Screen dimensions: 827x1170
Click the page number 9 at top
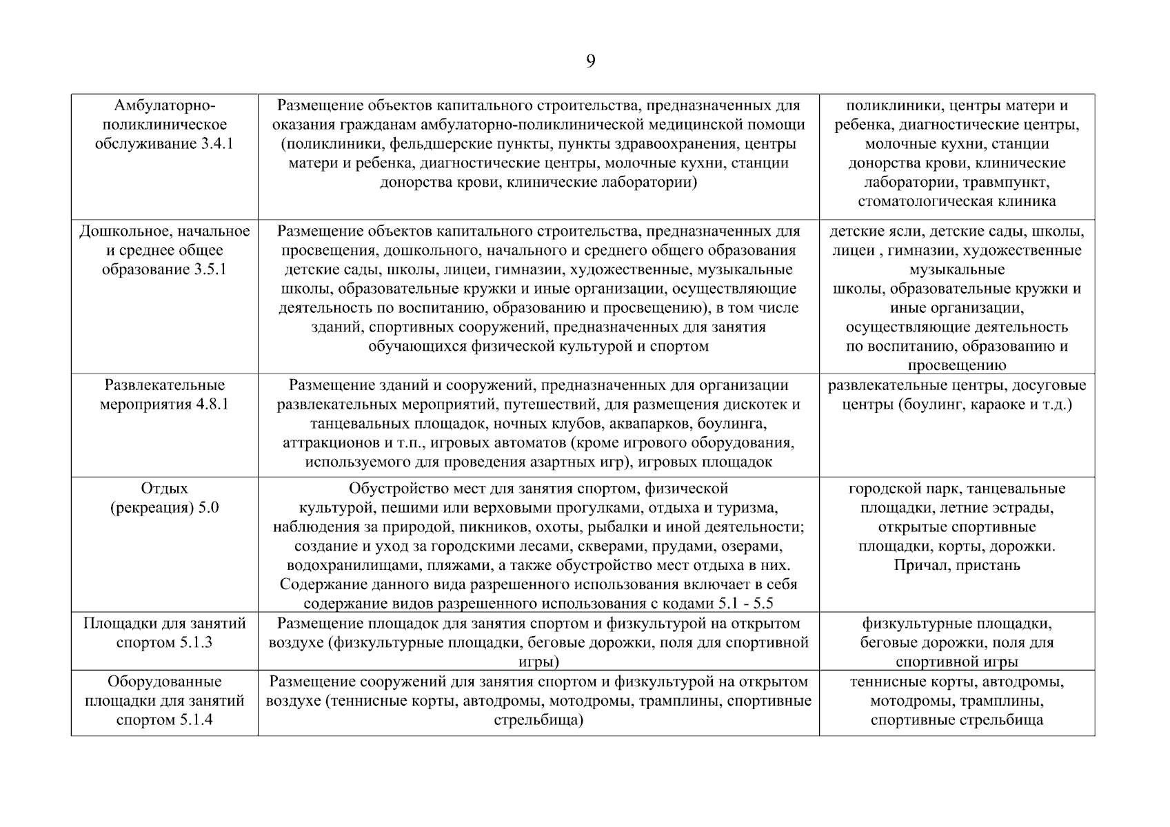[x=590, y=62]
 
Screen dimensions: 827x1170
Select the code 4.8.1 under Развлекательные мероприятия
[x=212, y=405]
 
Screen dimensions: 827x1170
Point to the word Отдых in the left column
[x=164, y=489]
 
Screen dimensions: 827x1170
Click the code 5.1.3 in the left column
[x=194, y=643]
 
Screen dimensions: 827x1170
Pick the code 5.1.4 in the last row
[x=194, y=721]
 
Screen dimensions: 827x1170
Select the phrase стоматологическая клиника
[x=956, y=202]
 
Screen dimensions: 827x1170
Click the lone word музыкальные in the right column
[x=956, y=269]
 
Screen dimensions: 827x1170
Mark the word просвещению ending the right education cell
[x=956, y=366]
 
